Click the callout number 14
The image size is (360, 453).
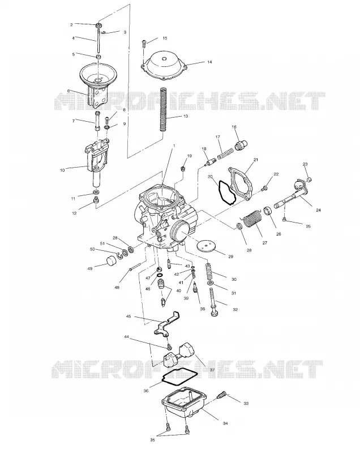click(x=209, y=62)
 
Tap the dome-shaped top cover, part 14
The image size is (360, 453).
click(x=164, y=66)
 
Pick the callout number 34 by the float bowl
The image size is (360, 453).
click(x=225, y=423)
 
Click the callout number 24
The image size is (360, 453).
click(x=318, y=210)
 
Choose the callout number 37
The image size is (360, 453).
click(x=212, y=370)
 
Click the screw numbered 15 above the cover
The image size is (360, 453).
click(x=144, y=44)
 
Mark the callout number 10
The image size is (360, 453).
click(x=62, y=170)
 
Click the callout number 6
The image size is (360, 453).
click(x=68, y=91)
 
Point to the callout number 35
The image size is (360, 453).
click(x=152, y=440)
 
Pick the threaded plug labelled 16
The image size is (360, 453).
click(x=241, y=145)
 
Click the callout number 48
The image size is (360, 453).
click(x=117, y=288)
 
